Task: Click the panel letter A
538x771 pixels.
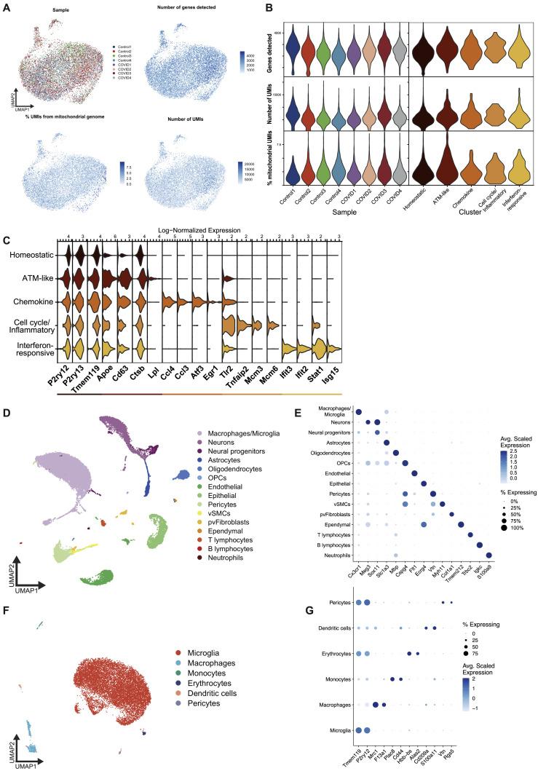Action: coord(7,7)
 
